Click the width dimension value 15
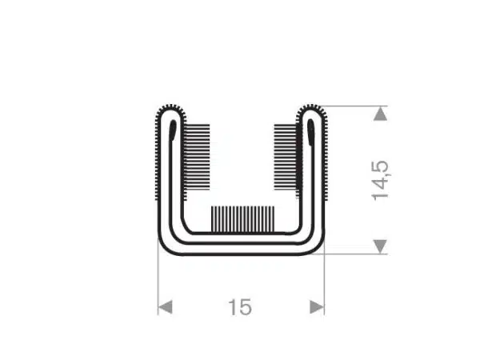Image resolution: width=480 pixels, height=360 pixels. tap(240, 307)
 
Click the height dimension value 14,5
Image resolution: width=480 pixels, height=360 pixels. tap(380, 181)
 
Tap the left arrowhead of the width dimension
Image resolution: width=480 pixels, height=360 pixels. tap(165, 307)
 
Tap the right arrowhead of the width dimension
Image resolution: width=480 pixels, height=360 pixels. tap(317, 307)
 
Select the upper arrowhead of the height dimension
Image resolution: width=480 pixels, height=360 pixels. tap(381, 114)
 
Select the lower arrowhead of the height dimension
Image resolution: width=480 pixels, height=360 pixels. tap(381, 246)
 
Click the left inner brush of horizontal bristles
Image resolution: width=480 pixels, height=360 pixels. tap(198, 156)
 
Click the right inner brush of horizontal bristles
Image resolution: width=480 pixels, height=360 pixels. tap(286, 156)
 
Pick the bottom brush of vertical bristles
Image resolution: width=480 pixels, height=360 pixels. tap(242, 219)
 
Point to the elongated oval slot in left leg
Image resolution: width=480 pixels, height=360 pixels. tap(173, 130)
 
